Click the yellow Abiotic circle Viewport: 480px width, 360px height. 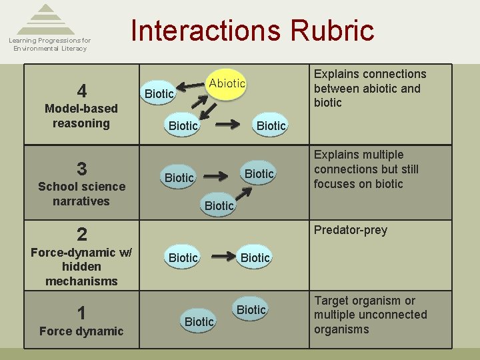pyautogui.click(x=227, y=83)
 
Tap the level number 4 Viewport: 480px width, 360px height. pyautogui.click(x=81, y=91)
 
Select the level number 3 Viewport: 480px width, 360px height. pyautogui.click(x=81, y=169)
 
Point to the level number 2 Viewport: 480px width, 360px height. pyautogui.click(x=81, y=234)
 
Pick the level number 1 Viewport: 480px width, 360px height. pyautogui.click(x=81, y=313)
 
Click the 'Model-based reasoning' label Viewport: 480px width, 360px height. pyautogui.click(x=81, y=116)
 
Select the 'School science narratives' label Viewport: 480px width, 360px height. pyautogui.click(x=81, y=194)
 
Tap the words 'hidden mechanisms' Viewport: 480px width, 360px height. pyautogui.click(x=81, y=274)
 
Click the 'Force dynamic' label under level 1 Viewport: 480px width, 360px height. pyautogui.click(x=81, y=331)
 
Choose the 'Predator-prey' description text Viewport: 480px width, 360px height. pyautogui.click(x=350, y=230)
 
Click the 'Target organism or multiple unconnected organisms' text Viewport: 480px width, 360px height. pyautogui.click(x=371, y=315)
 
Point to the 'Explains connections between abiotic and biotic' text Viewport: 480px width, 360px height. pyautogui.click(x=369, y=88)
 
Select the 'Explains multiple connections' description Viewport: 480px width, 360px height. pyautogui.click(x=366, y=169)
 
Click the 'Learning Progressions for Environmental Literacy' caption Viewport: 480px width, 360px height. pyautogui.click(x=49, y=45)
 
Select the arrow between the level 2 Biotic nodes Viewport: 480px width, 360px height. pyautogui.click(x=219, y=257)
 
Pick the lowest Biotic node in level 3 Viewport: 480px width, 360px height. pyautogui.click(x=219, y=206)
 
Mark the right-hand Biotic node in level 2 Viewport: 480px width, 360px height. pyautogui.click(x=255, y=257)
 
